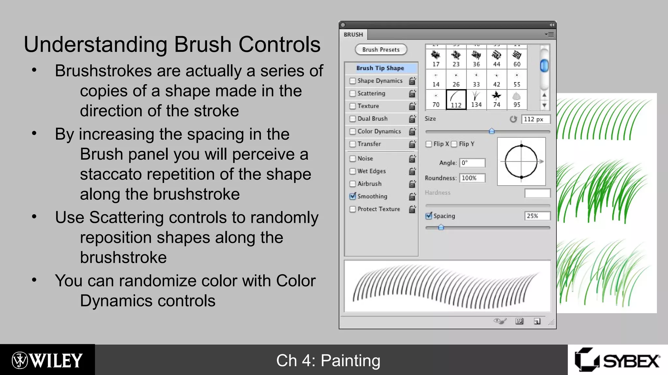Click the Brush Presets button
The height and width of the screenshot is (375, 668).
(381, 50)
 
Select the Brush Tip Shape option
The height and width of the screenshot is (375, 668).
(380, 68)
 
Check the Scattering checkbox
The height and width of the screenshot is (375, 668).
(353, 93)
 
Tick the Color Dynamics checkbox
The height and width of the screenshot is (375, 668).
(353, 132)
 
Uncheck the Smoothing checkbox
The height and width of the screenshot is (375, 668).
(353, 196)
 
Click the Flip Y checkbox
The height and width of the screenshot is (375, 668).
(454, 144)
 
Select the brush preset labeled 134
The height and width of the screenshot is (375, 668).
(476, 100)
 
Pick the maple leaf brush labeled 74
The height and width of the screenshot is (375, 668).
(496, 100)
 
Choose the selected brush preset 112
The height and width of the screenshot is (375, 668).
(456, 100)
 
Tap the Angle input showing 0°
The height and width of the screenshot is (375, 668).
(472, 163)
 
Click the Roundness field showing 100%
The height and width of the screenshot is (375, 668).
(472, 178)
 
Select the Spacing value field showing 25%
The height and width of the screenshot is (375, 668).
(537, 216)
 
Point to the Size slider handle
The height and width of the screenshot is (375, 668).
(492, 131)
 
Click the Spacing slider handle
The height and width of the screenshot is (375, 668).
(441, 227)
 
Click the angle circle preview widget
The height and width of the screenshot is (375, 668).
(521, 161)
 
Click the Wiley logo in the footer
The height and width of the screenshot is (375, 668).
(47, 360)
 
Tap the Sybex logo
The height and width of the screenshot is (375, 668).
(617, 360)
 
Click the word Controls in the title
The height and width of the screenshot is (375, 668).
(280, 44)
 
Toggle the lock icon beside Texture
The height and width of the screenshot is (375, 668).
(412, 106)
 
